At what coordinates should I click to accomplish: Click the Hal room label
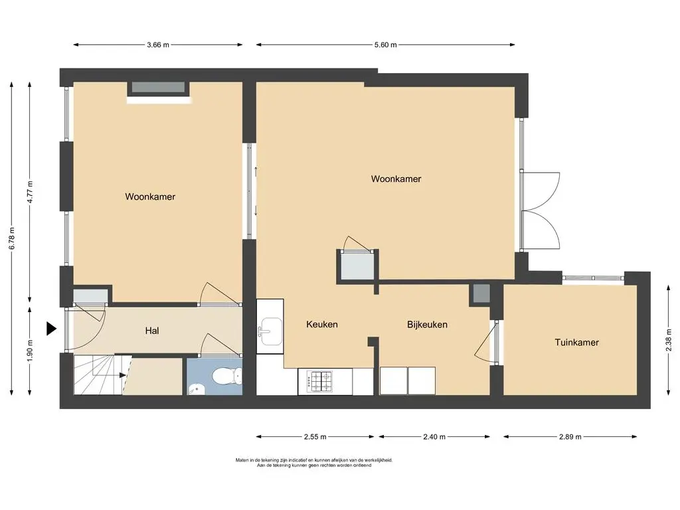(x=152, y=331)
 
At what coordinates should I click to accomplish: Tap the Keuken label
(x=322, y=324)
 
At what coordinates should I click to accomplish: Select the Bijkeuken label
(x=427, y=325)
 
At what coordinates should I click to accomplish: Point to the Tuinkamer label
(x=577, y=342)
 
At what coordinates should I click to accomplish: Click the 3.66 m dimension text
(x=158, y=44)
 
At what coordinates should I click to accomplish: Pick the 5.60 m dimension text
(x=386, y=44)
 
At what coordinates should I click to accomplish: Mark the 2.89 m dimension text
(x=570, y=437)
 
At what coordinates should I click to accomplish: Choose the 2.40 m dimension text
(x=434, y=437)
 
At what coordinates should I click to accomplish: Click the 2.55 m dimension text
(x=315, y=437)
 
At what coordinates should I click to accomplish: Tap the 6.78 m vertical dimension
(x=12, y=238)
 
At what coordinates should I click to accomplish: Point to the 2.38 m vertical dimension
(x=668, y=340)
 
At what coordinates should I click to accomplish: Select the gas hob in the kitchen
(x=319, y=382)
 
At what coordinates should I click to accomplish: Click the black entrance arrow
(x=52, y=329)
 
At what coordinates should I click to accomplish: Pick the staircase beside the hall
(x=103, y=375)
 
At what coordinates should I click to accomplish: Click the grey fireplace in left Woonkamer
(x=158, y=87)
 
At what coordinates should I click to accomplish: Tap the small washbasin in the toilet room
(x=197, y=389)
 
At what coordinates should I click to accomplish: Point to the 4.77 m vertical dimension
(x=29, y=192)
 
